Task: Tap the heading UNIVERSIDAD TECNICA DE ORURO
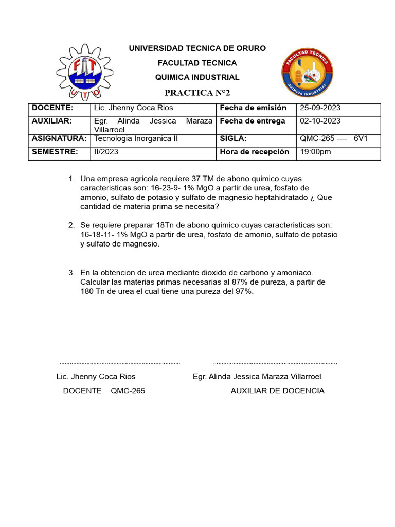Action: tap(197, 48)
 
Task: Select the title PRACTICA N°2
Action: tap(197, 93)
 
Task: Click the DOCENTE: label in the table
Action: tap(52, 108)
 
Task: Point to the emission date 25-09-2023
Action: tap(320, 108)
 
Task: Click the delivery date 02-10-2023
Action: tap(320, 121)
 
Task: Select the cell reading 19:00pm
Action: tap(315, 152)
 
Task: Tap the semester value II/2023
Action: tap(106, 152)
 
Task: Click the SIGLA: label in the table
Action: tap(233, 139)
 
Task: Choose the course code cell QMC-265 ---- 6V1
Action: tap(333, 139)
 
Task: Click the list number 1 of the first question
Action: tap(71, 179)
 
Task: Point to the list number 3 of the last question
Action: tap(71, 273)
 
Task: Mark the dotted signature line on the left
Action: tap(120, 363)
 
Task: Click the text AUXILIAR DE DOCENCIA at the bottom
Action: tap(277, 391)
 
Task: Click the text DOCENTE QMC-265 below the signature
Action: tap(104, 391)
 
